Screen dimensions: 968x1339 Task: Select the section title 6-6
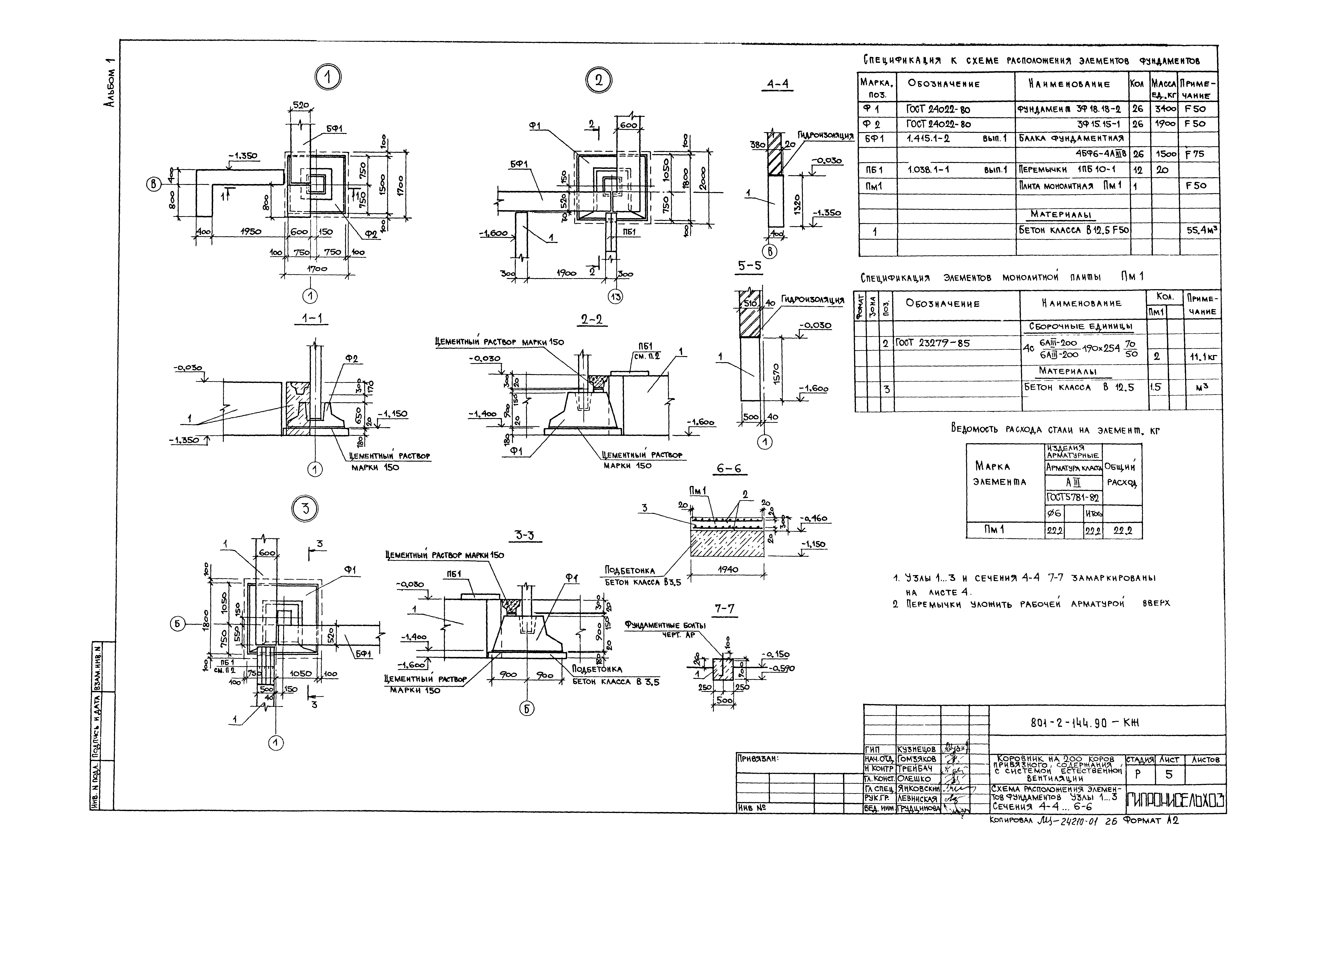click(729, 469)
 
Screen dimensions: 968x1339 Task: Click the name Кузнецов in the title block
click(917, 749)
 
